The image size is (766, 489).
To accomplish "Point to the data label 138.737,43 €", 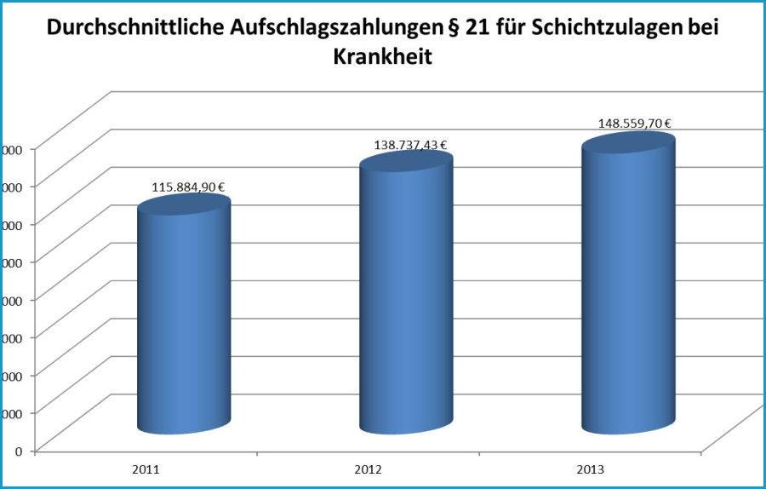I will (x=411, y=146).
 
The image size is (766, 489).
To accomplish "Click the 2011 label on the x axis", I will (x=146, y=469).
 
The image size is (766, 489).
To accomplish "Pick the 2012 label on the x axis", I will (x=368, y=469).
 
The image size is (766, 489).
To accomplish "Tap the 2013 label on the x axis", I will (x=591, y=469).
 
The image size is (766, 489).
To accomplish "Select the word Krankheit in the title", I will (x=383, y=59).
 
